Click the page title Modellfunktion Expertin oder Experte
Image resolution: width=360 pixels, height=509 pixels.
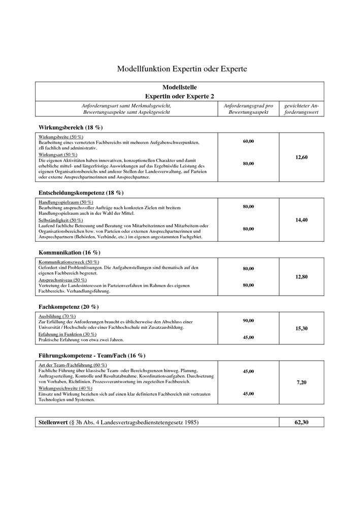(x=182, y=68)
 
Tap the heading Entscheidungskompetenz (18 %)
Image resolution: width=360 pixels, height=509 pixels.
(x=81, y=193)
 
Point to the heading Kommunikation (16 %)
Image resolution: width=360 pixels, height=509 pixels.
(x=69, y=252)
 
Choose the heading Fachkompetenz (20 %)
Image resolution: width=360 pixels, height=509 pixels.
(x=69, y=307)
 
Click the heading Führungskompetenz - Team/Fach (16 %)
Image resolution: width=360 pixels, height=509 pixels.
(x=91, y=356)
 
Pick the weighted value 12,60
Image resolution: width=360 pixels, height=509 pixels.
(x=301, y=157)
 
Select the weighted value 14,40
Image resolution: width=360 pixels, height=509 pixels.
(x=301, y=220)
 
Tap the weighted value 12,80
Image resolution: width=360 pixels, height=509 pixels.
(x=301, y=277)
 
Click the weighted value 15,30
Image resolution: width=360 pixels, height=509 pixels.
(x=301, y=329)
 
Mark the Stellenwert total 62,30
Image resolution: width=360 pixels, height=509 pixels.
(x=301, y=423)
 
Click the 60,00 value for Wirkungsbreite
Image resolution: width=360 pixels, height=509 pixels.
(x=248, y=141)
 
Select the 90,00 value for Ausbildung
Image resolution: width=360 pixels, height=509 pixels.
(x=248, y=321)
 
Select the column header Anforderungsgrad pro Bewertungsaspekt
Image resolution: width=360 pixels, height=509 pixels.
(x=248, y=109)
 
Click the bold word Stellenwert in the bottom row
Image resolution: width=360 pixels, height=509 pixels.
(x=53, y=423)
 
